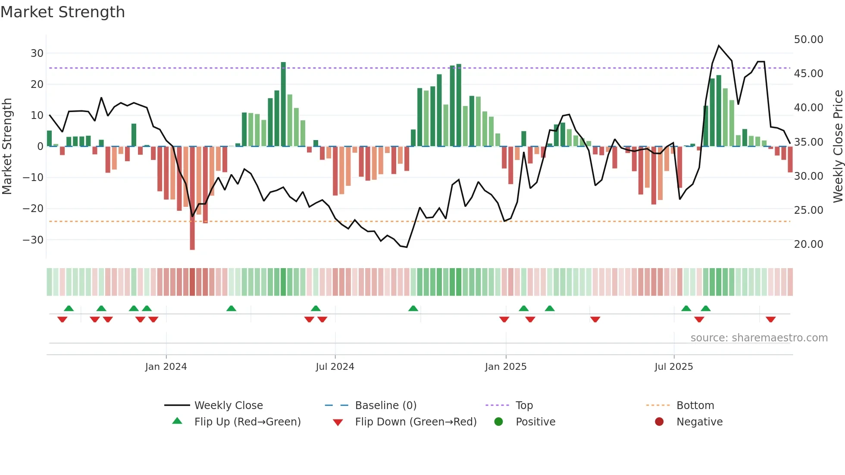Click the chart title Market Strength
63,12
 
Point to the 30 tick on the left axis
37,53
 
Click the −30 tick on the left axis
33,240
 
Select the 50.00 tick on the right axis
808,40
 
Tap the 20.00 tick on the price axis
808,244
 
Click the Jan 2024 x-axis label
166,367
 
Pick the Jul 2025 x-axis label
673,367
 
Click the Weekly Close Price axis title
838,147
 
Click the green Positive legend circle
498,422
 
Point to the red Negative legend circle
659,422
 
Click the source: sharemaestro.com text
759,338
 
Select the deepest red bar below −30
192,198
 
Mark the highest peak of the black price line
719,46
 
